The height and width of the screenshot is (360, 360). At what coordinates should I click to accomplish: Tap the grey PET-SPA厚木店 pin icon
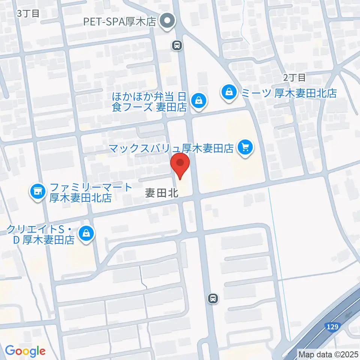pos(168,21)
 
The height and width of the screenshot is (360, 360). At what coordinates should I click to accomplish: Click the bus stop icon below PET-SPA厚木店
pos(177,45)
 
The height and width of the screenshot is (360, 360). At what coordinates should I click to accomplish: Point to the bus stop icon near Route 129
pos(213,298)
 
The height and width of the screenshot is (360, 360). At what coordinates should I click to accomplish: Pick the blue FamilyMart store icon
pos(37,192)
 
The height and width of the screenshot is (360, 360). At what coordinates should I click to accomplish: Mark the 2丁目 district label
pos(294,78)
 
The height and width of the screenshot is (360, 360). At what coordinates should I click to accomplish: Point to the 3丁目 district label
pos(28,13)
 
